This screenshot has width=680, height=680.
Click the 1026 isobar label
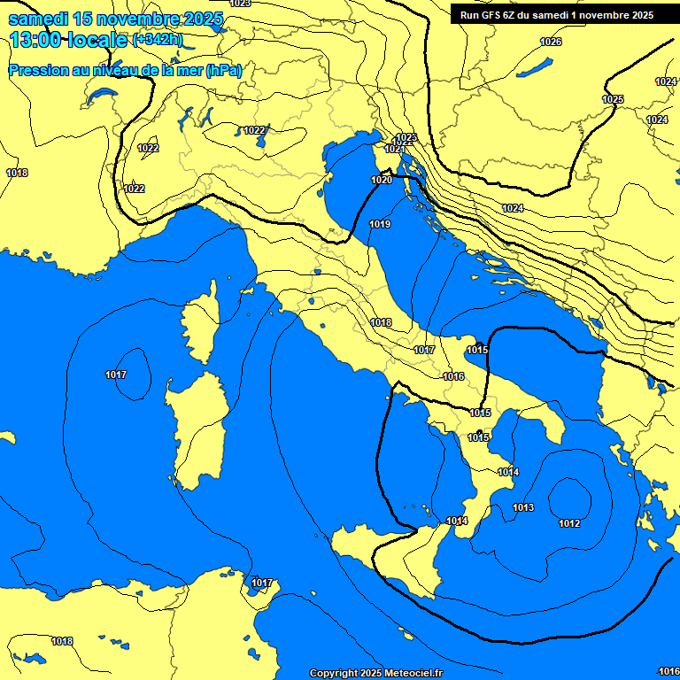click(551, 42)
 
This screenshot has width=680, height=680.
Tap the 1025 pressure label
click(613, 99)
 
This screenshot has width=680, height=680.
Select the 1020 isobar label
click(382, 180)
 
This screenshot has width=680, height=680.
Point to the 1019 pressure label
click(380, 225)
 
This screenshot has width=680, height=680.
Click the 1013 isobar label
click(523, 507)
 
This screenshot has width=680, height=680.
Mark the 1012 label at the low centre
click(569, 523)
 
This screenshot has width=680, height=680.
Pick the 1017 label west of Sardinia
click(116, 375)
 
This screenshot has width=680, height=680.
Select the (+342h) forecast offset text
click(157, 40)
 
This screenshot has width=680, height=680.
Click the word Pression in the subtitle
click(35, 70)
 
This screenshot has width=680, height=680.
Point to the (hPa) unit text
click(223, 70)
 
